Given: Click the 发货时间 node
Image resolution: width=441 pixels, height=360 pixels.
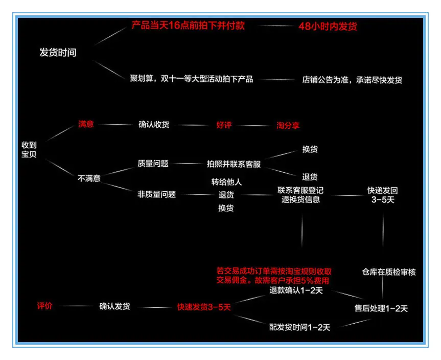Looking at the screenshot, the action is (x=58, y=52).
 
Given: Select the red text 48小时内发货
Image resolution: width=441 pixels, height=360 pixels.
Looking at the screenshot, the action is (x=328, y=26).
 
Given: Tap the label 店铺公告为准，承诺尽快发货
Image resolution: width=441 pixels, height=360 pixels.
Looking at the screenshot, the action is (x=352, y=80).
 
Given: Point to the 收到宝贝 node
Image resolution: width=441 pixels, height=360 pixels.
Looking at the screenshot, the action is (x=29, y=149).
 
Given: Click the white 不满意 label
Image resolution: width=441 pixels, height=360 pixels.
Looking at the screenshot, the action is (x=89, y=178).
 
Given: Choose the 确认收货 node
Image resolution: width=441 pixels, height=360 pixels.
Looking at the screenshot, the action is (x=154, y=124).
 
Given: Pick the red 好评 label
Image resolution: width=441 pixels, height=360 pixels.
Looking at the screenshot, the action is (x=224, y=125).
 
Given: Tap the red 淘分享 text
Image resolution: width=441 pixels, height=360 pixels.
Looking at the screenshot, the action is (x=288, y=125).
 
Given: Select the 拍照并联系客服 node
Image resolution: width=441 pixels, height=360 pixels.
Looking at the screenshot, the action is (x=234, y=164).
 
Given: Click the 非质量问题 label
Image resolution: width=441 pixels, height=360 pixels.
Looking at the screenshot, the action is (x=156, y=194).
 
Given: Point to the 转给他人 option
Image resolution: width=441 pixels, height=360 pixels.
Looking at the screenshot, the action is (x=226, y=182).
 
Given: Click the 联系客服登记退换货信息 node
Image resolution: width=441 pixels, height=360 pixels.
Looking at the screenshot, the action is (x=300, y=195).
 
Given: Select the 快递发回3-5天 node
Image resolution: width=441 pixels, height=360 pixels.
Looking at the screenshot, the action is (x=383, y=195).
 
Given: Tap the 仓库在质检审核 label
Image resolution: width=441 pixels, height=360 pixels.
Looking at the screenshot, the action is (x=389, y=272).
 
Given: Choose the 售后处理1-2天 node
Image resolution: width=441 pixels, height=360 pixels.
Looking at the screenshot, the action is (x=381, y=308).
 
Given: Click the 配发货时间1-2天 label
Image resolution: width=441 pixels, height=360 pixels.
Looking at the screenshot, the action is (x=299, y=327).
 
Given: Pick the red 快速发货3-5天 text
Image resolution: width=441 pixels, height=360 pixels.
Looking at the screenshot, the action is (x=204, y=307).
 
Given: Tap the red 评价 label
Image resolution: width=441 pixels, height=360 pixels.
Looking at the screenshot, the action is (x=44, y=306).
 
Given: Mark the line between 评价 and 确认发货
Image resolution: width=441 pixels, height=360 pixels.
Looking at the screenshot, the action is (x=76, y=306).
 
